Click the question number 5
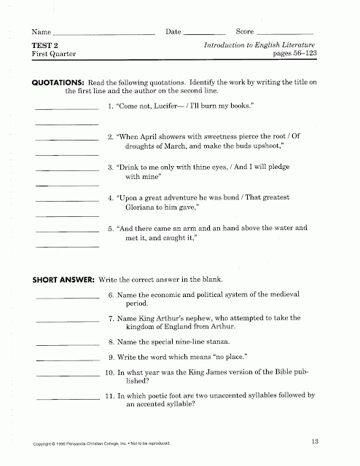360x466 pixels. (110, 228)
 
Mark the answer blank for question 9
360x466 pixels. (66, 358)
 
